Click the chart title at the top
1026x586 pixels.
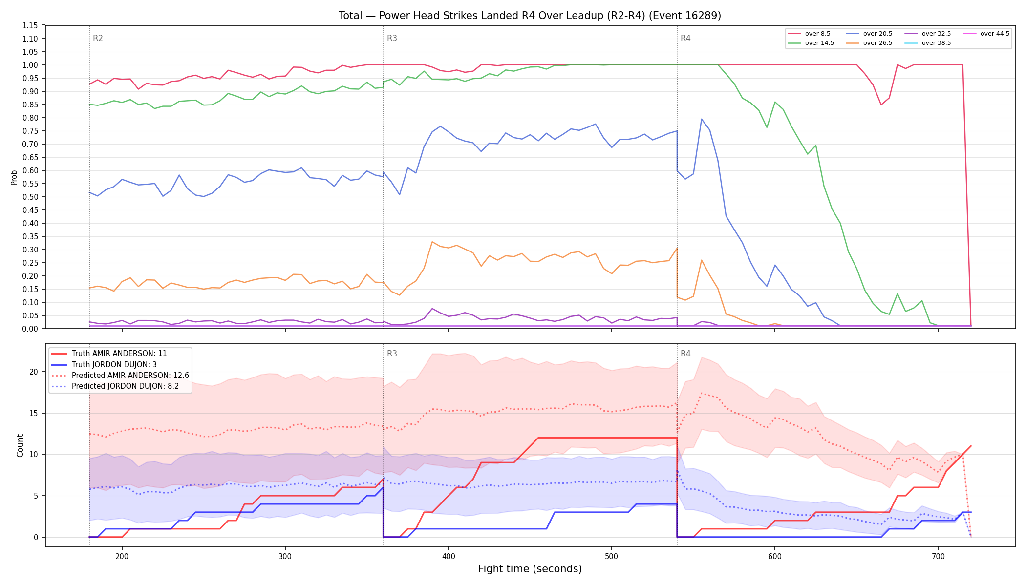pos(530,16)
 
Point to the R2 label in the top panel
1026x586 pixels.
pos(98,38)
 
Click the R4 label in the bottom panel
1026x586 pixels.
pos(685,354)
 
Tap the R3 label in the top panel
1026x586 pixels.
pos(392,38)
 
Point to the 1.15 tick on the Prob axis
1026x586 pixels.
pos(30,25)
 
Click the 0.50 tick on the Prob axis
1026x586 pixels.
pos(30,197)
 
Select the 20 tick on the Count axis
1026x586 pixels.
pos(34,372)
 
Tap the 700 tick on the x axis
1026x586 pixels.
pos(938,556)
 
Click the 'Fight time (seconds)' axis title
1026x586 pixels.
pos(530,569)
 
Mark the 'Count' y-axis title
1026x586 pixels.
pos(20,445)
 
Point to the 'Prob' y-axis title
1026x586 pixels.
pos(14,177)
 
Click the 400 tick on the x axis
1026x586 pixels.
pos(449,556)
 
